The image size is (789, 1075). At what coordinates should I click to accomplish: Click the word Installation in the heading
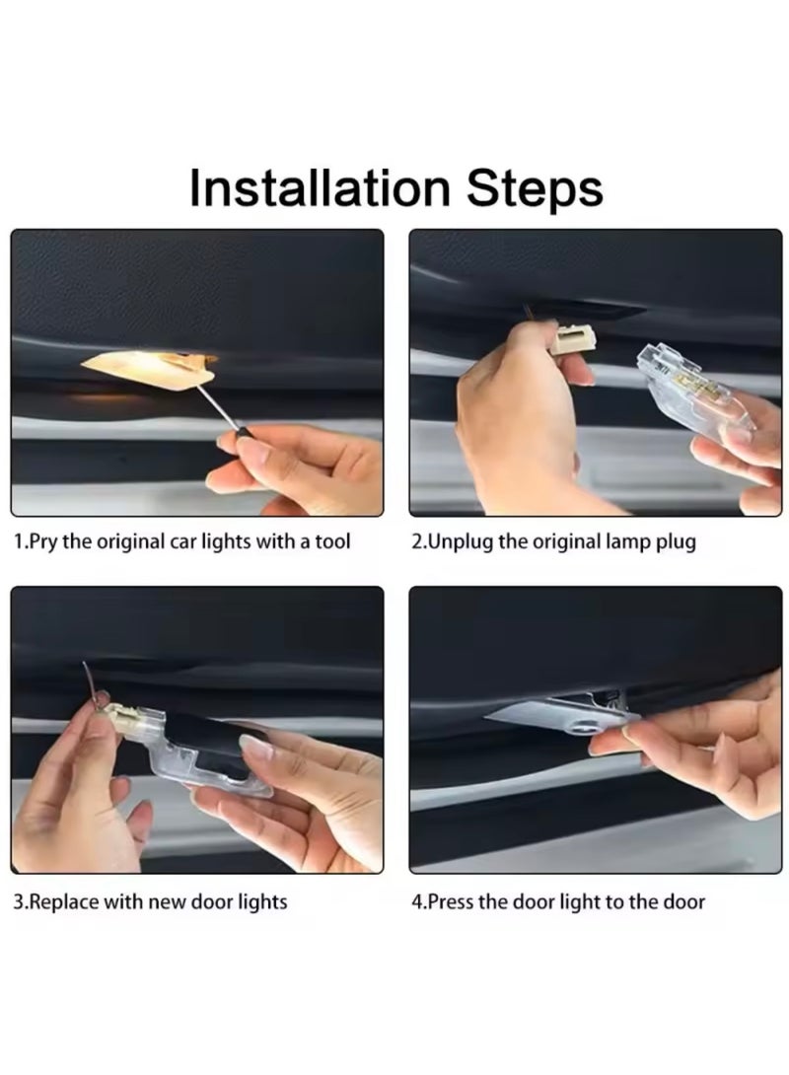pyautogui.click(x=319, y=187)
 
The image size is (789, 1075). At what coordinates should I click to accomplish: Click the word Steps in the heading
pyautogui.click(x=535, y=188)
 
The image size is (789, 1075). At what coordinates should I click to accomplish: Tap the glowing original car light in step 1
pyautogui.click(x=148, y=369)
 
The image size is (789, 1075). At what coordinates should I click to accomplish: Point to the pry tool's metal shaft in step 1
pyautogui.click(x=218, y=408)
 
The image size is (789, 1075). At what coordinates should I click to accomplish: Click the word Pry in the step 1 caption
pyautogui.click(x=44, y=541)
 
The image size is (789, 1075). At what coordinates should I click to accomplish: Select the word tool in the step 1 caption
pyautogui.click(x=332, y=541)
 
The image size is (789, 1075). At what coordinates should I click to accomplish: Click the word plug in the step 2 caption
pyautogui.click(x=676, y=542)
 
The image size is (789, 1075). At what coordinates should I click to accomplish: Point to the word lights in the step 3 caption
pyautogui.click(x=262, y=902)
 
